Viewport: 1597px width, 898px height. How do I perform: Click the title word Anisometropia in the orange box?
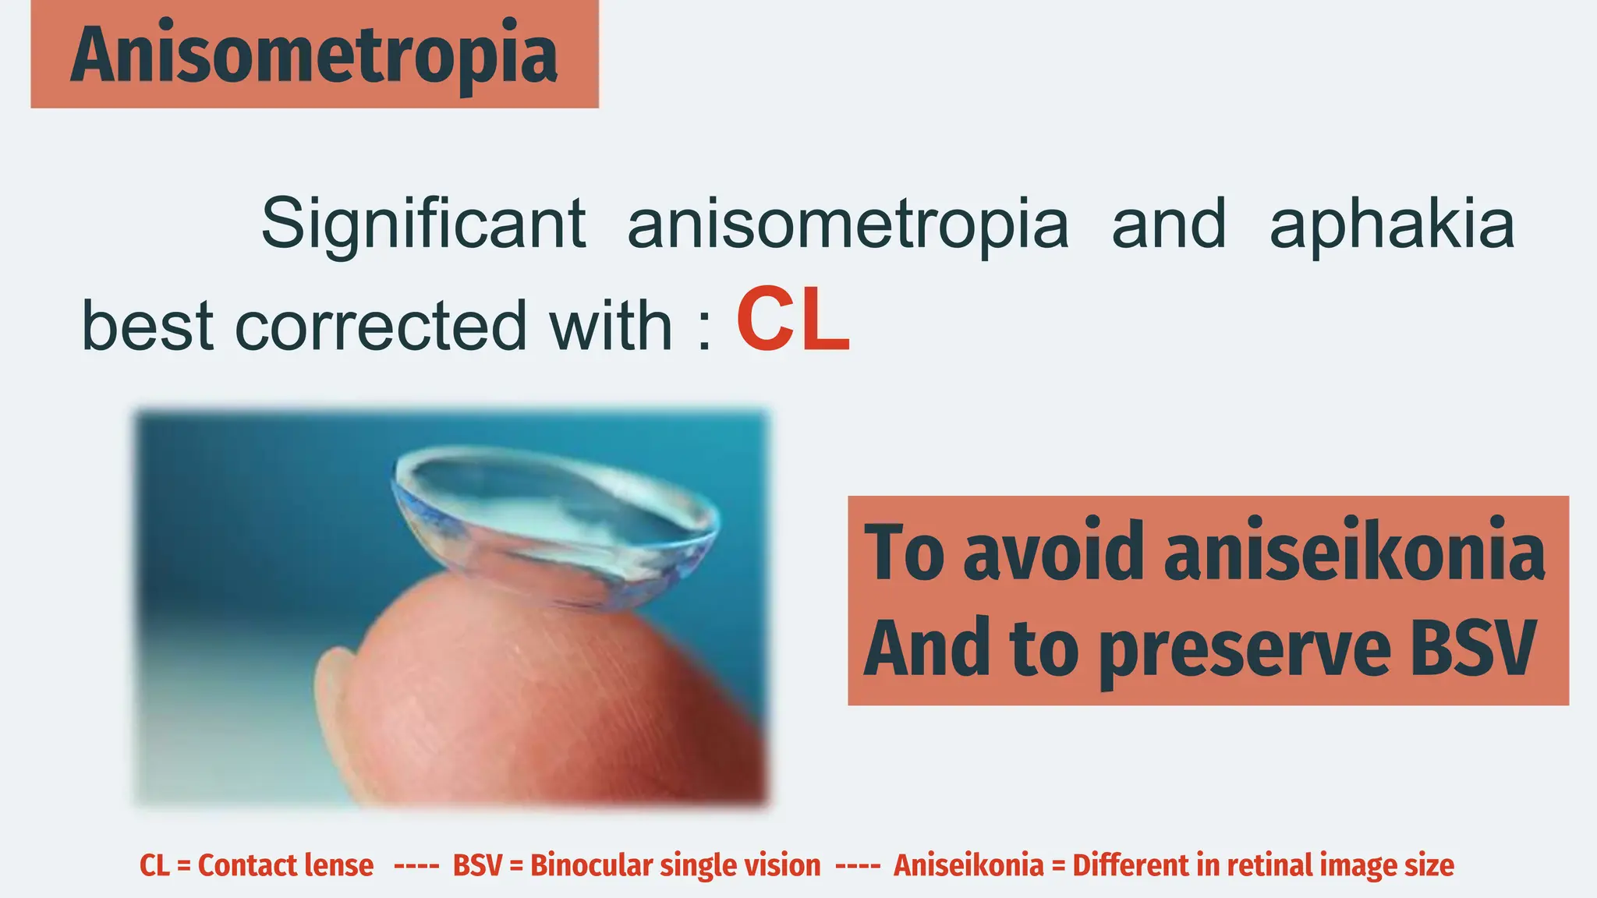[313, 55]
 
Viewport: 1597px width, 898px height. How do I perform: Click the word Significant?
[423, 224]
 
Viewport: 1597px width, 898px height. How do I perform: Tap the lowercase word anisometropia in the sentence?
[848, 224]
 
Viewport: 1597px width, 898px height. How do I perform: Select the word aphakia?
[1392, 224]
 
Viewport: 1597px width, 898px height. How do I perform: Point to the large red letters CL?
[793, 321]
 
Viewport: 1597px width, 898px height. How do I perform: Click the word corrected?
[381, 326]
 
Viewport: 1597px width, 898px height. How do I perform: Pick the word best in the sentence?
[147, 326]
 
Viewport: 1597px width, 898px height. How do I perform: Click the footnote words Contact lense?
[285, 865]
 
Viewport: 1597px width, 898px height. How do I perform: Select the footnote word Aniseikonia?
[968, 865]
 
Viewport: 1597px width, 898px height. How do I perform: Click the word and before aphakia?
[1168, 224]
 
